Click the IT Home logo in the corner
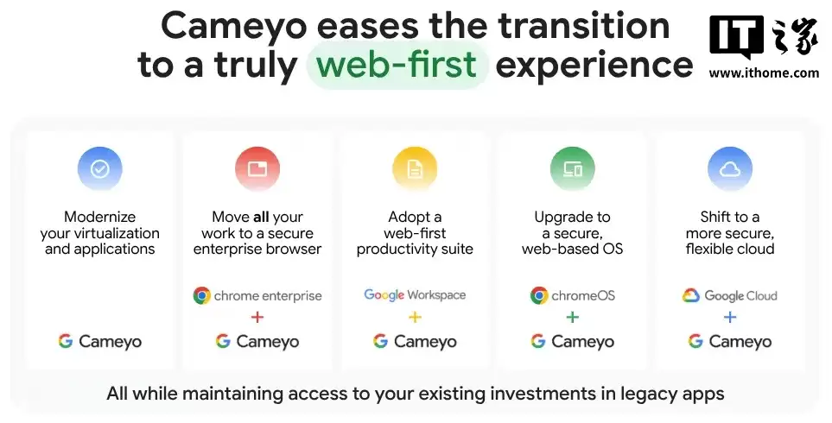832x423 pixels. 764,38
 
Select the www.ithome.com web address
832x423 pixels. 764,73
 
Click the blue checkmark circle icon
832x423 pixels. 99,169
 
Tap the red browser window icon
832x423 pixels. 257,169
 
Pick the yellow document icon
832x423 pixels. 415,169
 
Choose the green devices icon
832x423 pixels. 572,169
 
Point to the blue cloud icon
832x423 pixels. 730,169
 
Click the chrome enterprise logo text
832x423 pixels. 257,296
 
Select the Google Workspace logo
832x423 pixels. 415,295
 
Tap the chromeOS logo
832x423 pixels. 573,296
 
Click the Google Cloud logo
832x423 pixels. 730,296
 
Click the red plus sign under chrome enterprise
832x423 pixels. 257,318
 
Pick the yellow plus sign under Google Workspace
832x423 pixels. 415,318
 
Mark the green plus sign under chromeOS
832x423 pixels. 572,318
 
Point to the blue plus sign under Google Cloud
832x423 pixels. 730,318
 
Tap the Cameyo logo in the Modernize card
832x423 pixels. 100,341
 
